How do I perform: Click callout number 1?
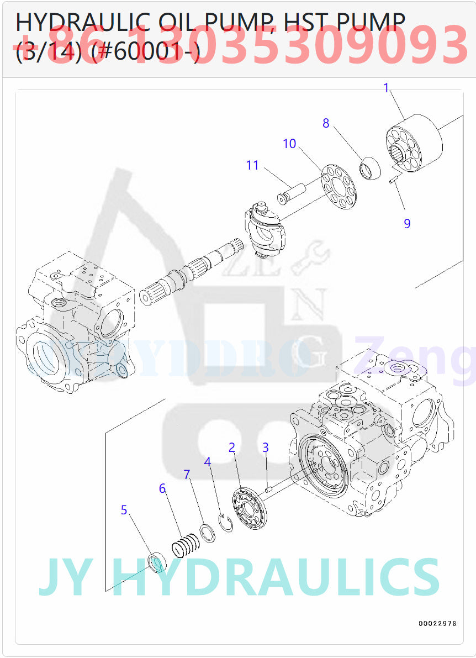coord(387,87)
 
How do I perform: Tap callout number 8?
coord(326,123)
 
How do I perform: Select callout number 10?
coord(289,144)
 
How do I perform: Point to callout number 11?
coord(252,165)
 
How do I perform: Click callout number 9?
coord(407,223)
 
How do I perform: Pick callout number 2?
coord(232,448)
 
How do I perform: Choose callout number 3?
coord(266,447)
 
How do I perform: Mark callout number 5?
coord(124,510)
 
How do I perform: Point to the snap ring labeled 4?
coord(226,523)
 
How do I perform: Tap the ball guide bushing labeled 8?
coord(369,168)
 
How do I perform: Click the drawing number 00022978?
coord(437,623)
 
